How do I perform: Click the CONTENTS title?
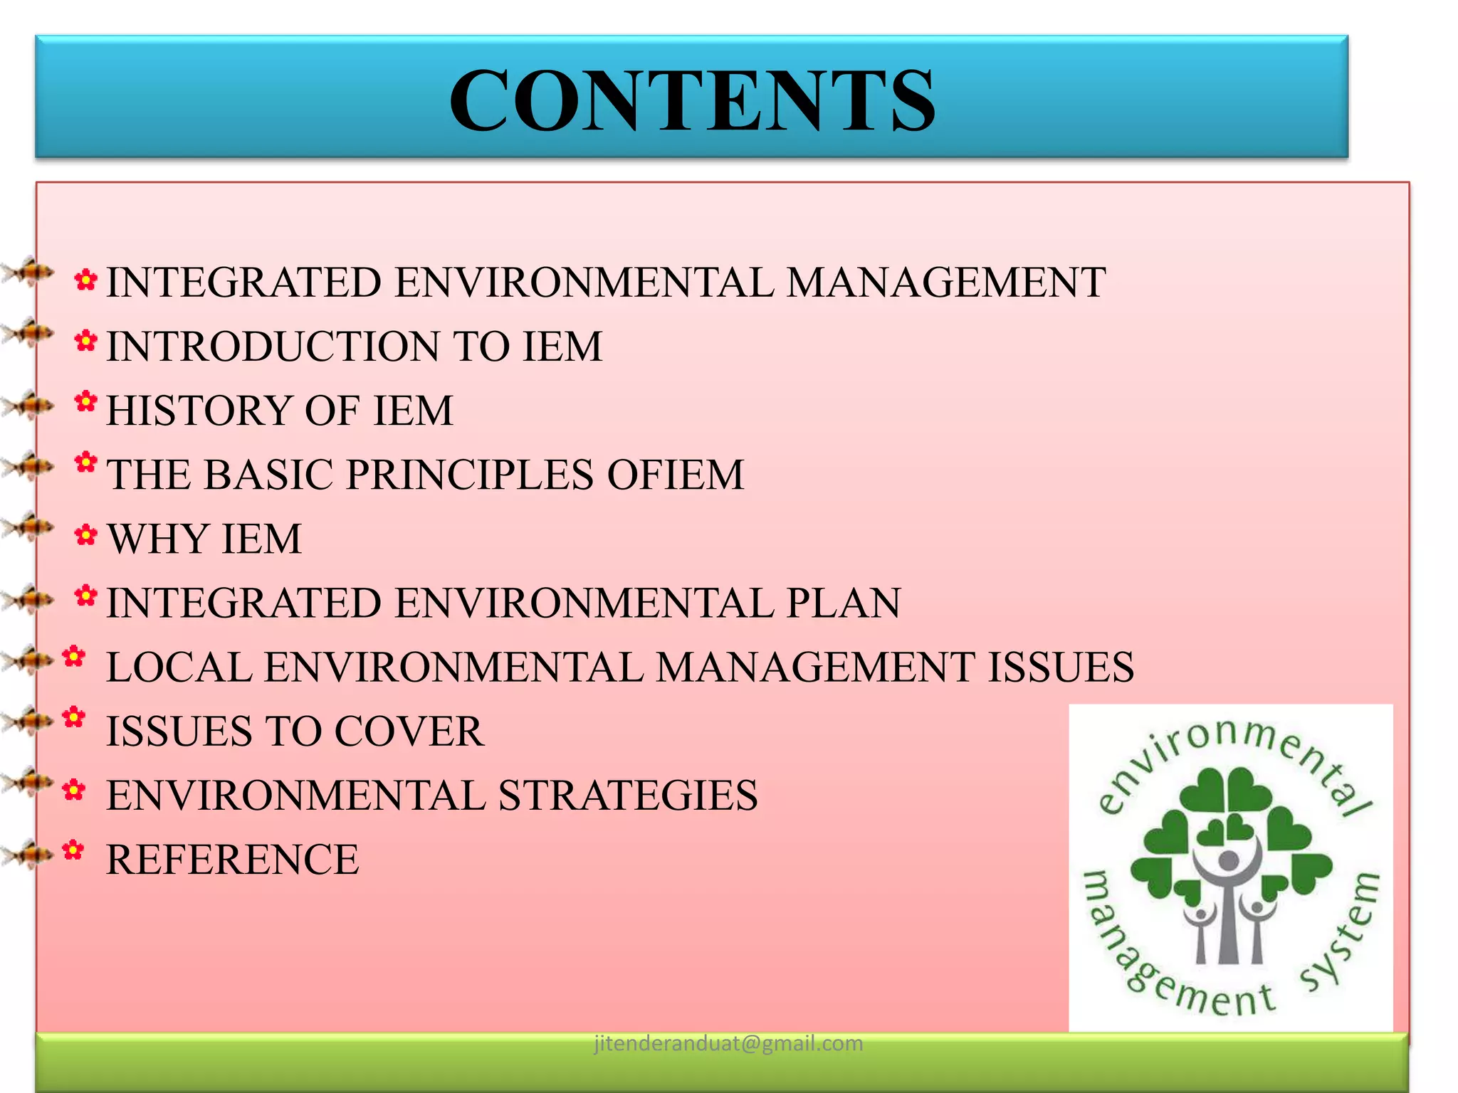[692, 100]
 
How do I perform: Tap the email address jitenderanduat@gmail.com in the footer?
[728, 1043]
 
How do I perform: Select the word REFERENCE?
[233, 860]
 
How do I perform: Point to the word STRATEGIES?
[628, 796]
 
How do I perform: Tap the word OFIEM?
[675, 475]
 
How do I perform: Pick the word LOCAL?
[179, 667]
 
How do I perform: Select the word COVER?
[409, 732]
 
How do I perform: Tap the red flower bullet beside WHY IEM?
[85, 535]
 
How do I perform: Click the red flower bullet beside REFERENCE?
[73, 850]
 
